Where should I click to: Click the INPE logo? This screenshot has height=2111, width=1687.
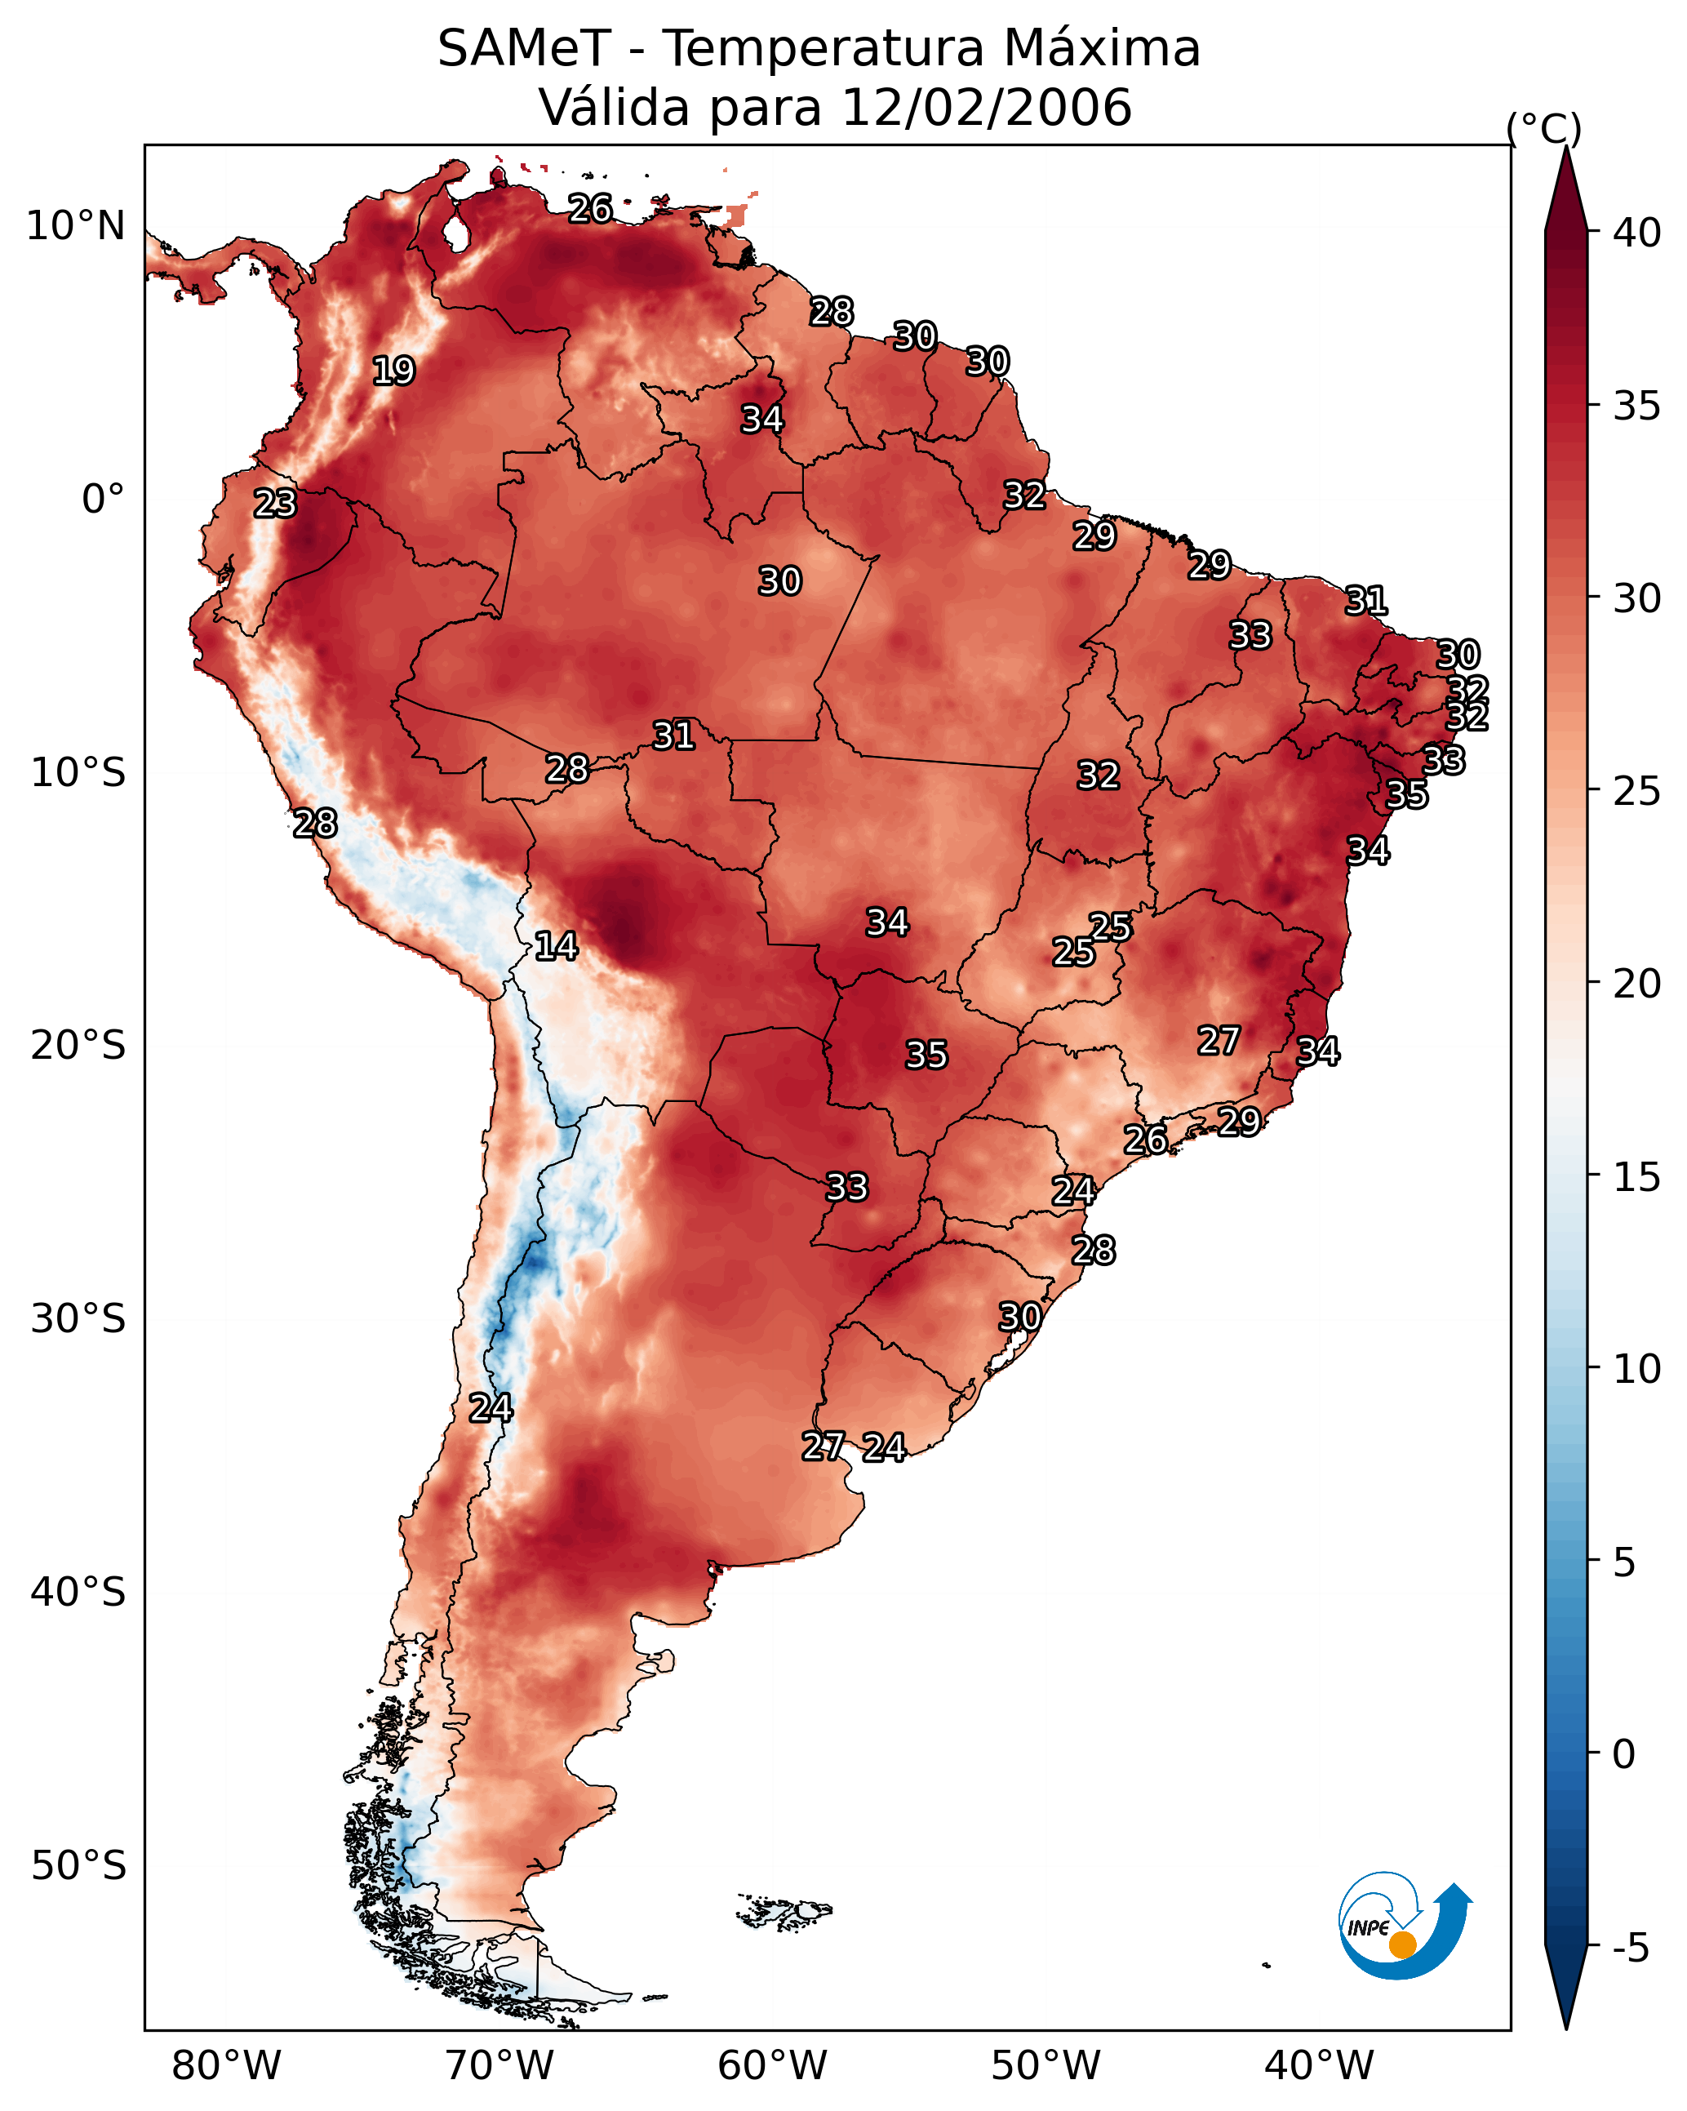pos(1403,1928)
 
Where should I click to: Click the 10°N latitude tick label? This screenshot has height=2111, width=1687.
pos(75,226)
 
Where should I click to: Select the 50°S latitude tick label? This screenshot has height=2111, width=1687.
pos(78,1866)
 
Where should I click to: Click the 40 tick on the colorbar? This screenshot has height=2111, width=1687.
pos(1636,233)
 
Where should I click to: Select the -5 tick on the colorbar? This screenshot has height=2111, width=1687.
pos(1630,1948)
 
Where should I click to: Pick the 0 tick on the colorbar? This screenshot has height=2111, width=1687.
pos(1623,1753)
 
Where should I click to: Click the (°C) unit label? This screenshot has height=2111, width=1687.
pos(1543,128)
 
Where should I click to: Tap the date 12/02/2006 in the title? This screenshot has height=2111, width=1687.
pos(986,107)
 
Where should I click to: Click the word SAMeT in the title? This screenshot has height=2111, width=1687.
pos(524,49)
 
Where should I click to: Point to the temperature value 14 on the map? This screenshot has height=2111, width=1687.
pos(556,946)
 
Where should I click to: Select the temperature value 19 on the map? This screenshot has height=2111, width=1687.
pos(393,371)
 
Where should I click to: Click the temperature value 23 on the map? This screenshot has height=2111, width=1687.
pos(275,504)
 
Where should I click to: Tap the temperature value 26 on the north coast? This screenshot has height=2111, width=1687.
pos(590,208)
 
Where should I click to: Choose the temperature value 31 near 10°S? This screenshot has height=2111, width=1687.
pos(673,736)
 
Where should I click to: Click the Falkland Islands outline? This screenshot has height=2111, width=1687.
pos(785,1911)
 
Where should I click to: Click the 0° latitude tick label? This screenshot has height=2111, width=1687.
pos(103,500)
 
